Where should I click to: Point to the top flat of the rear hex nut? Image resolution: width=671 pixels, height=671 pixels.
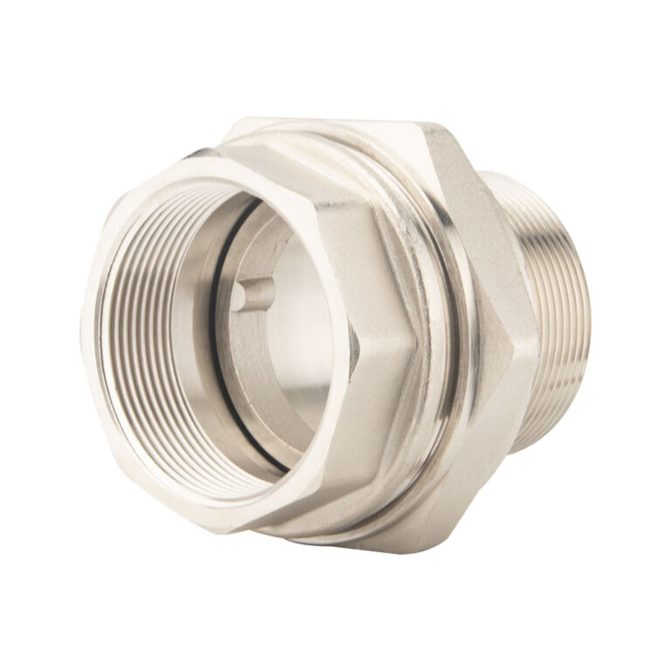[x=349, y=128]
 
